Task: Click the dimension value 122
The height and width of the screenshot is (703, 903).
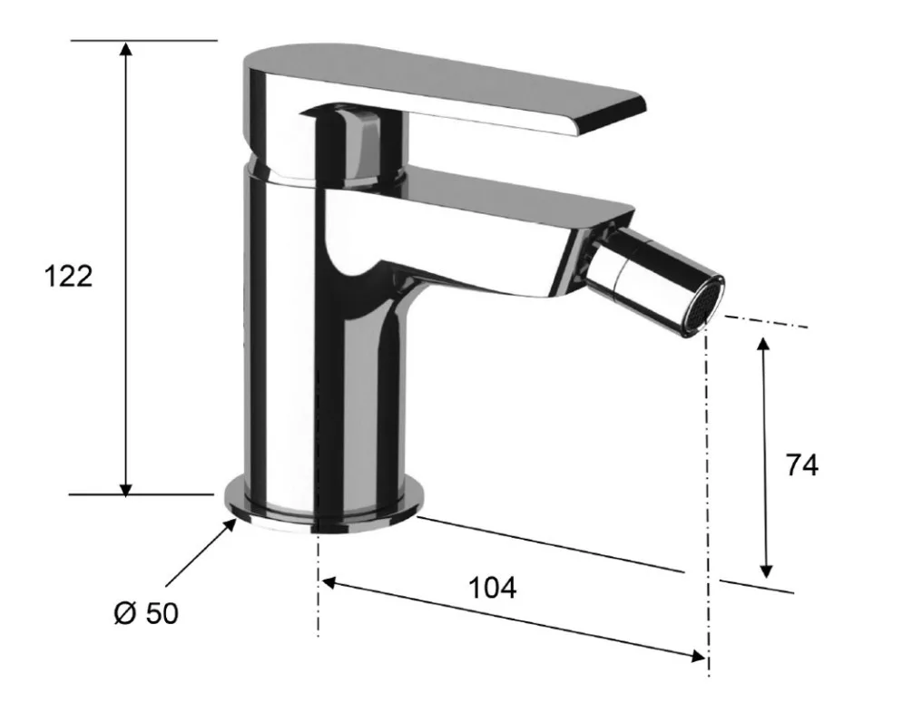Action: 69,277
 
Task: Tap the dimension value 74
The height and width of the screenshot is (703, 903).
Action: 801,464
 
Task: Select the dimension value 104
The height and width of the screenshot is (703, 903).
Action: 493,588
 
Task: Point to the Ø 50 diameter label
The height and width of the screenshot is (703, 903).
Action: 146,613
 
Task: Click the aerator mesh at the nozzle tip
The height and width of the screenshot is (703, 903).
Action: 708,305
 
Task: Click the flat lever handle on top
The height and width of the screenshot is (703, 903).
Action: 437,93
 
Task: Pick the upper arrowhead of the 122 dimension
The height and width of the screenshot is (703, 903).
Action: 125,48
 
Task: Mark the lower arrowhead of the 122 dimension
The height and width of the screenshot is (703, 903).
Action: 125,487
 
